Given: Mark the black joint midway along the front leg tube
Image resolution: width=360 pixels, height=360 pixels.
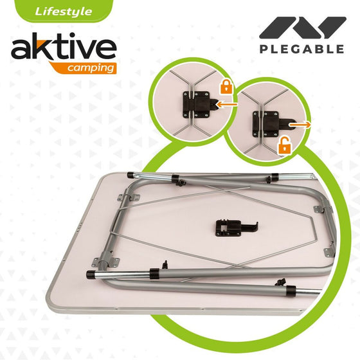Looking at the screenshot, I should coord(155,274).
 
